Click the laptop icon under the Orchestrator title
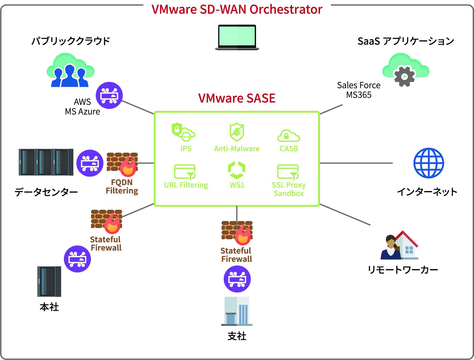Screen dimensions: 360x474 pyautogui.click(x=237, y=37)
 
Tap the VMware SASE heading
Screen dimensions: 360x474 pyautogui.click(x=237, y=98)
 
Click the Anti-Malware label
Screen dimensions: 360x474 pyautogui.click(x=237, y=148)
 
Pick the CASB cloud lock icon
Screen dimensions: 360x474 pyautogui.click(x=288, y=136)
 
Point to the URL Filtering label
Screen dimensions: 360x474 pyautogui.click(x=186, y=185)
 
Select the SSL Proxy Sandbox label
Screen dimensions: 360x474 pyautogui.click(x=288, y=189)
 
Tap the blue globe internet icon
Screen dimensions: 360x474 pyautogui.click(x=428, y=163)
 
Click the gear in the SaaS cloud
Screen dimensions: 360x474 pyautogui.click(x=404, y=77)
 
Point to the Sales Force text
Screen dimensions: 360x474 pyautogui.click(x=359, y=85)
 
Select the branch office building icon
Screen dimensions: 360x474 pyautogui.click(x=237, y=311)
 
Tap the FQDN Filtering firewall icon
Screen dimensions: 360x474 pyautogui.click(x=122, y=164)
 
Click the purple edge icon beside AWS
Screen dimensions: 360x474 pyautogui.click(x=109, y=95)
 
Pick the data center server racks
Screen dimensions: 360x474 pyautogui.click(x=46, y=162)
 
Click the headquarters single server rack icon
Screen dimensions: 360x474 pyautogui.click(x=49, y=281)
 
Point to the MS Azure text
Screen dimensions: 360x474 pyautogui.click(x=82, y=111)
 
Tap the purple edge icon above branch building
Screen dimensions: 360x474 pyautogui.click(x=237, y=279)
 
